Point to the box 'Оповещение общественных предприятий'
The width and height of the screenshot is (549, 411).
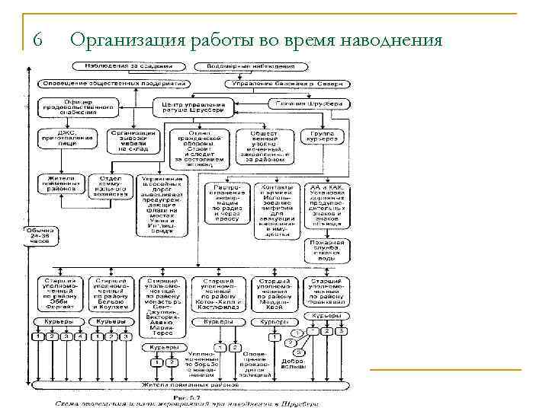click(114, 81)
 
